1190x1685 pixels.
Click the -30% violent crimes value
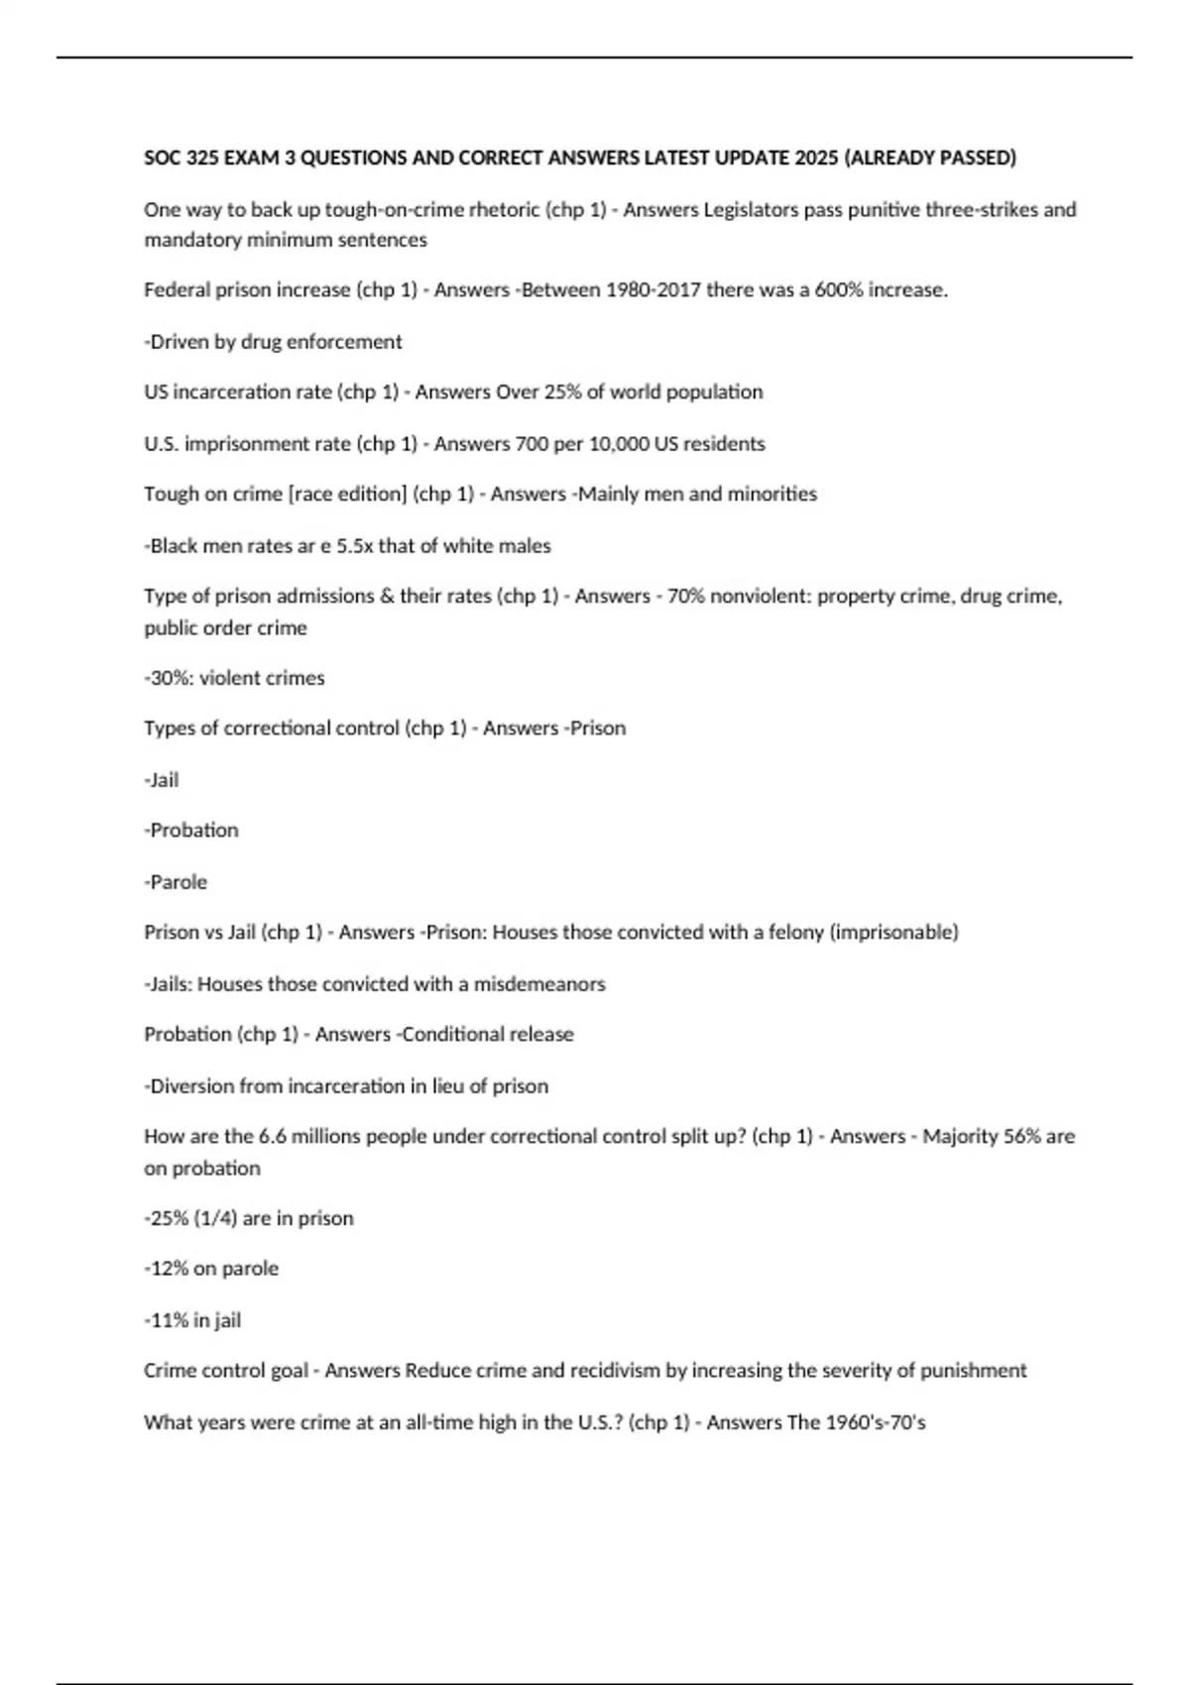pos(169,678)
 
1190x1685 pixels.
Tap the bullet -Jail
pos(162,780)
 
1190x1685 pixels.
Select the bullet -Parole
pos(176,882)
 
